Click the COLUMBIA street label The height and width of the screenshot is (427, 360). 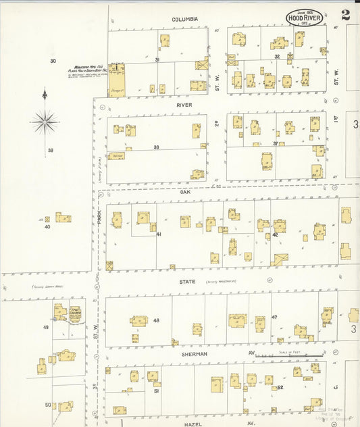click(184, 20)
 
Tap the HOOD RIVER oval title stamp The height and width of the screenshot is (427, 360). click(304, 18)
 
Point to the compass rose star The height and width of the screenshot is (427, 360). click(45, 122)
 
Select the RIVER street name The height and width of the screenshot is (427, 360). click(184, 105)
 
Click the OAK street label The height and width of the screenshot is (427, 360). click(184, 191)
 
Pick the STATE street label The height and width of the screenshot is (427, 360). click(187, 281)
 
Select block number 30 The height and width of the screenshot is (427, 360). click(53, 61)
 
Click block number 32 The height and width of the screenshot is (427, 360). click(278, 57)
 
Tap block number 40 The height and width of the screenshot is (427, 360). click(47, 227)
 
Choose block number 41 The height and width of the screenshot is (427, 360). click(159, 234)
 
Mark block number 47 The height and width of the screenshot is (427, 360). click(274, 317)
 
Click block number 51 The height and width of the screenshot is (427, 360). click(156, 391)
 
